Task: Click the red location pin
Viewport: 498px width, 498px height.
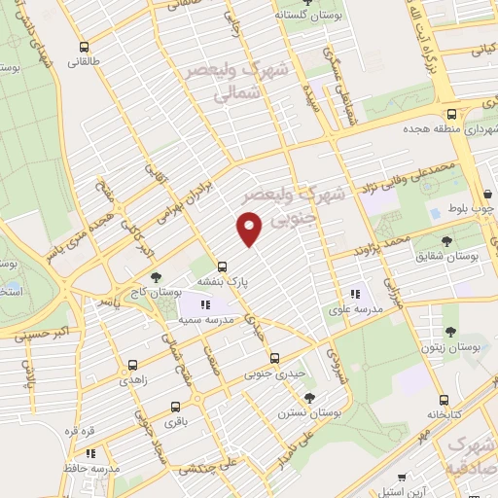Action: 250,230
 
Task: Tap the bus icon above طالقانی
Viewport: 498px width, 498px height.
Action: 86,46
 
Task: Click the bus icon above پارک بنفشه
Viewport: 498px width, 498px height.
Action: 223,266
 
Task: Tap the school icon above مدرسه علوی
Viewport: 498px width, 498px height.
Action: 354,292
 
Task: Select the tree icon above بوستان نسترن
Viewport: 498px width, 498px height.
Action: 309,397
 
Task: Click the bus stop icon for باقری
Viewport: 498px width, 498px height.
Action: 175,407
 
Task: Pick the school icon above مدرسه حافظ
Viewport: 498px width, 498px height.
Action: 90,452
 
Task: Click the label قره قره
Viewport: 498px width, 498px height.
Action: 78,430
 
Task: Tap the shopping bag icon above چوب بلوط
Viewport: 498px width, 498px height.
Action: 486,194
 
